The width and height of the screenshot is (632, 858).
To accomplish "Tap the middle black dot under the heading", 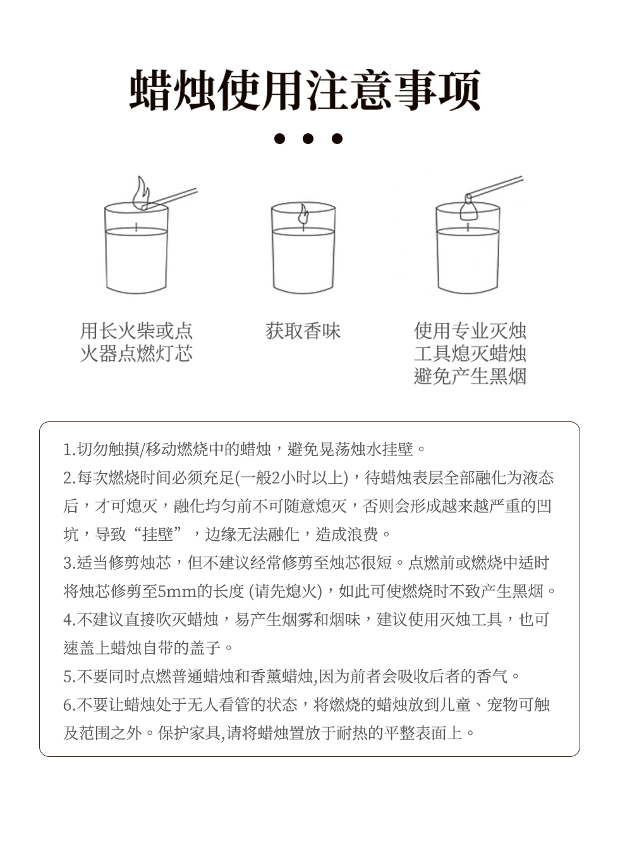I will click(x=308, y=138).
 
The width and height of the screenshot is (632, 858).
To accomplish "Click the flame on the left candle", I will click(x=142, y=192).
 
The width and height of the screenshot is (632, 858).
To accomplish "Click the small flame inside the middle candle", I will click(x=303, y=214).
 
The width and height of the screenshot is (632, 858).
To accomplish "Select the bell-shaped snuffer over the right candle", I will click(x=468, y=207).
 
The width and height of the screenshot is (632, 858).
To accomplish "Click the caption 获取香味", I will click(x=303, y=330).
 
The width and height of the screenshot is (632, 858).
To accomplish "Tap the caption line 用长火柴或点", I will click(x=137, y=330).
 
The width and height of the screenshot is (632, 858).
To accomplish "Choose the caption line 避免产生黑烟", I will click(x=470, y=376).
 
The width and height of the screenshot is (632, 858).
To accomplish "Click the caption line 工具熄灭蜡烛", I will click(x=470, y=353).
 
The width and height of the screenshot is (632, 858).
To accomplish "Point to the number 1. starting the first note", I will click(x=69, y=449).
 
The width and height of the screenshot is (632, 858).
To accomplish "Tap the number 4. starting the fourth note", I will click(x=69, y=620).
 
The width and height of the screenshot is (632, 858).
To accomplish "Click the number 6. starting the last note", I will click(x=69, y=705).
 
